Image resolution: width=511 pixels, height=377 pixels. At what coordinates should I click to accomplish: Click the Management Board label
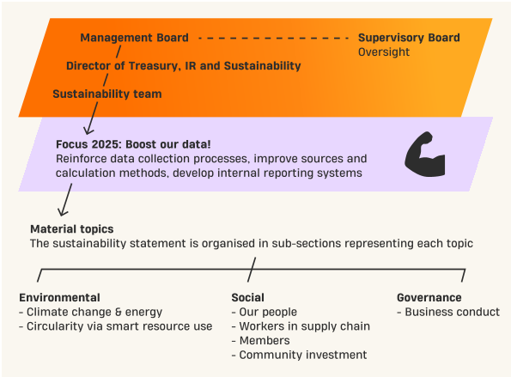[134, 38]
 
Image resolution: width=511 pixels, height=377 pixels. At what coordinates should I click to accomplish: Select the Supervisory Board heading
[409, 38]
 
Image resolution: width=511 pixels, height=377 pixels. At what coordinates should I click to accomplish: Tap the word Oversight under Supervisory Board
[384, 52]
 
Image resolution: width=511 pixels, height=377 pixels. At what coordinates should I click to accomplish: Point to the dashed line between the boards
[273, 38]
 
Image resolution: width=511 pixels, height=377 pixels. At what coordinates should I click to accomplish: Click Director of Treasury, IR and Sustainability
[184, 66]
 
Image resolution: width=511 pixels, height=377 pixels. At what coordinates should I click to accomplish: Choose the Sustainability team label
[107, 94]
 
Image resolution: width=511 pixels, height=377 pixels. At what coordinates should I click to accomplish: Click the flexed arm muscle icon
[425, 154]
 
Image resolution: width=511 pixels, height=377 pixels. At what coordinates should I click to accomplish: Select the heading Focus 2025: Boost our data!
[133, 144]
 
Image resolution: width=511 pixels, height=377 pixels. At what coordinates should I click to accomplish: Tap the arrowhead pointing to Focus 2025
[88, 131]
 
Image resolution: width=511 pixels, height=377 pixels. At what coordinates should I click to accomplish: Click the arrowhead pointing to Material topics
[62, 212]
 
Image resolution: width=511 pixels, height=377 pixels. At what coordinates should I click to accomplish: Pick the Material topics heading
[72, 229]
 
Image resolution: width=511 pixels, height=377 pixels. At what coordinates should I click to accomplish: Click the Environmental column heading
[59, 297]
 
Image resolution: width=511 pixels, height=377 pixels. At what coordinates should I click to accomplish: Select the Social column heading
[247, 297]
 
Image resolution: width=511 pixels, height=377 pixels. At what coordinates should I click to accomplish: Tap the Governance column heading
[429, 297]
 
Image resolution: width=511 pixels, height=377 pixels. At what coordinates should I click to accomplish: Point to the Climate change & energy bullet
[90, 312]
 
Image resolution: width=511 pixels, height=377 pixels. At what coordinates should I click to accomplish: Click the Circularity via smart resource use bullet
[116, 326]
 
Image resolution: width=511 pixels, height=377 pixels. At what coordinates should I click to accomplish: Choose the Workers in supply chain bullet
[301, 326]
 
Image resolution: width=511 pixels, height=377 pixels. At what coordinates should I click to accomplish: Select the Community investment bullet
[299, 355]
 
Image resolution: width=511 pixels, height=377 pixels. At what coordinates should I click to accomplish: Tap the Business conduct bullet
[448, 312]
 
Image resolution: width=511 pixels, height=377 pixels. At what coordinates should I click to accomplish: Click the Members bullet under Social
[261, 341]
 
